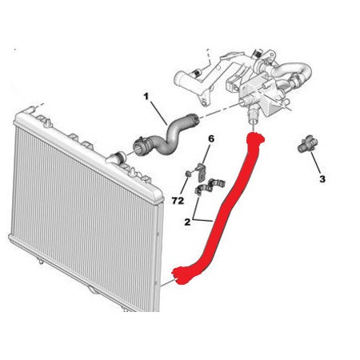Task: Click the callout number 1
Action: (146, 96)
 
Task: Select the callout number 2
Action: (187, 222)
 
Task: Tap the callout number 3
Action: (322, 179)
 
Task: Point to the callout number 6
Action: (211, 138)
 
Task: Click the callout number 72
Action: (178, 201)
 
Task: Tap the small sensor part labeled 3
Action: (306, 144)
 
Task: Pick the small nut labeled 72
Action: (188, 174)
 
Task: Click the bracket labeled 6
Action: (201, 171)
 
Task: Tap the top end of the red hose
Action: (256, 138)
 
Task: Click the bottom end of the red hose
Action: (179, 276)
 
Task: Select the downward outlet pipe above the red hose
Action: (253, 114)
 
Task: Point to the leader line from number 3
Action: (316, 162)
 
